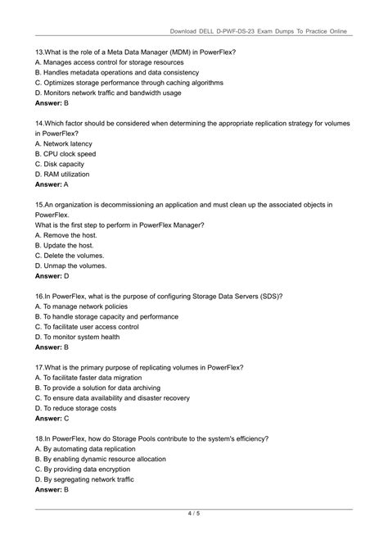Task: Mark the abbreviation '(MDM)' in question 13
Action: pyautogui.click(x=169, y=52)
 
